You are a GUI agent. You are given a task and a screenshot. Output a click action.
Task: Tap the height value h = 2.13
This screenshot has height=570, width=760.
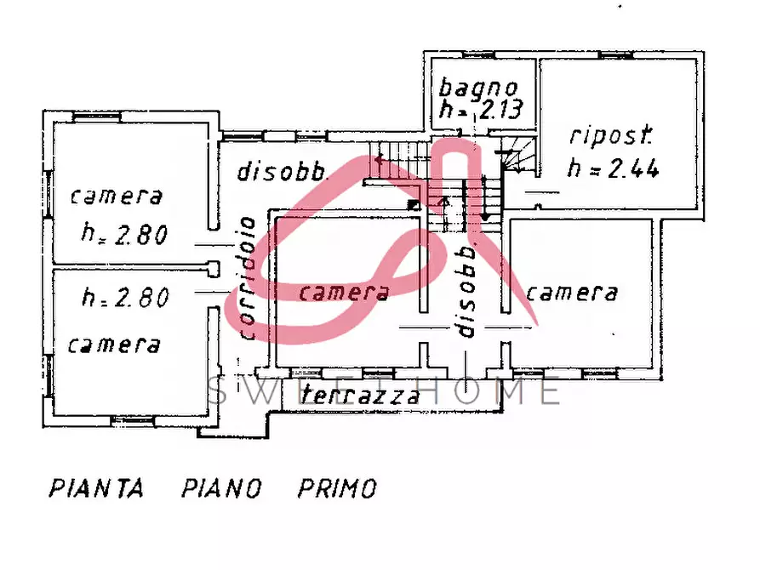coord(480,109)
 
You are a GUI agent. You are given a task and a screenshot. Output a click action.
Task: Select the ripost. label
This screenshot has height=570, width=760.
coord(611,135)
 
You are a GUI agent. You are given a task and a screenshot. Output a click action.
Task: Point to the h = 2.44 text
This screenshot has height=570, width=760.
coord(614,169)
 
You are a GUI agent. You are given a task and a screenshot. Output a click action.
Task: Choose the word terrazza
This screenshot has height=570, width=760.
coord(361,395)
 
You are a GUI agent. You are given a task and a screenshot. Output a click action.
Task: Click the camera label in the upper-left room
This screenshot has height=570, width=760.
coord(117,197)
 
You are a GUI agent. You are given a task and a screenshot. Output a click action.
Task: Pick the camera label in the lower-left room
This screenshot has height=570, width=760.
coord(114,345)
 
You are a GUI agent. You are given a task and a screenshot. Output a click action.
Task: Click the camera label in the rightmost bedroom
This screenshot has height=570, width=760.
coord(571,293)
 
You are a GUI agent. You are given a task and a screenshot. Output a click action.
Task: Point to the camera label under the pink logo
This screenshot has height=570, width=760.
coord(345,293)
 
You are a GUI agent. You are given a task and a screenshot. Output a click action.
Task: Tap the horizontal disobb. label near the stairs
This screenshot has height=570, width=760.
coord(283,172)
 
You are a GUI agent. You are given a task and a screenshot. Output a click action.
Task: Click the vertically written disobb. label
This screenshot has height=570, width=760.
coord(466,292)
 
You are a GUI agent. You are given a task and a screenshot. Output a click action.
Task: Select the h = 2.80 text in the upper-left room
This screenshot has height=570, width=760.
coord(124,233)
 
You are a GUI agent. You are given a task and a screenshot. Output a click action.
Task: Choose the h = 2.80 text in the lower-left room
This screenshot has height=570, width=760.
coord(124,297)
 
